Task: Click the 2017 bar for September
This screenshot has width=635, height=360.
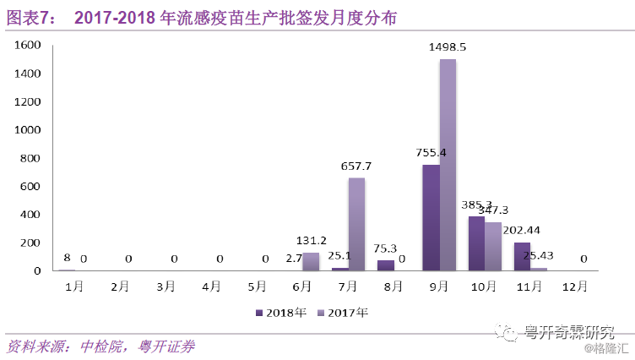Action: click(x=448, y=165)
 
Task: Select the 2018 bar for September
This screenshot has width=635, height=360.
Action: click(x=431, y=217)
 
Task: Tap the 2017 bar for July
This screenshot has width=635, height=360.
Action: click(x=356, y=224)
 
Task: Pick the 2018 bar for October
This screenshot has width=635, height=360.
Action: click(x=476, y=243)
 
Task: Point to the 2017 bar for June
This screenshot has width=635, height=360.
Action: click(x=311, y=261)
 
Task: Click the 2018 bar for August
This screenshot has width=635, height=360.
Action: click(x=385, y=265)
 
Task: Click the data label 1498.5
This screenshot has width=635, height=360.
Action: click(x=448, y=48)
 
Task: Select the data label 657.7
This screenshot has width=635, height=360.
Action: click(x=357, y=166)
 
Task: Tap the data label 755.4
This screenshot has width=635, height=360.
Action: click(x=431, y=153)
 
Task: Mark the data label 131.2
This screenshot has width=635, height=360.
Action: click(x=312, y=240)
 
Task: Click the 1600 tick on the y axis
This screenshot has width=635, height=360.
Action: click(x=28, y=45)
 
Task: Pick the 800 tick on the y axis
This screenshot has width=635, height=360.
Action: click(x=31, y=158)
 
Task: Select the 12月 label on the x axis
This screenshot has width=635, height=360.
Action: click(x=574, y=286)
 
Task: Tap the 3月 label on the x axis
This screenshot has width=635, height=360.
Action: click(x=166, y=286)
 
